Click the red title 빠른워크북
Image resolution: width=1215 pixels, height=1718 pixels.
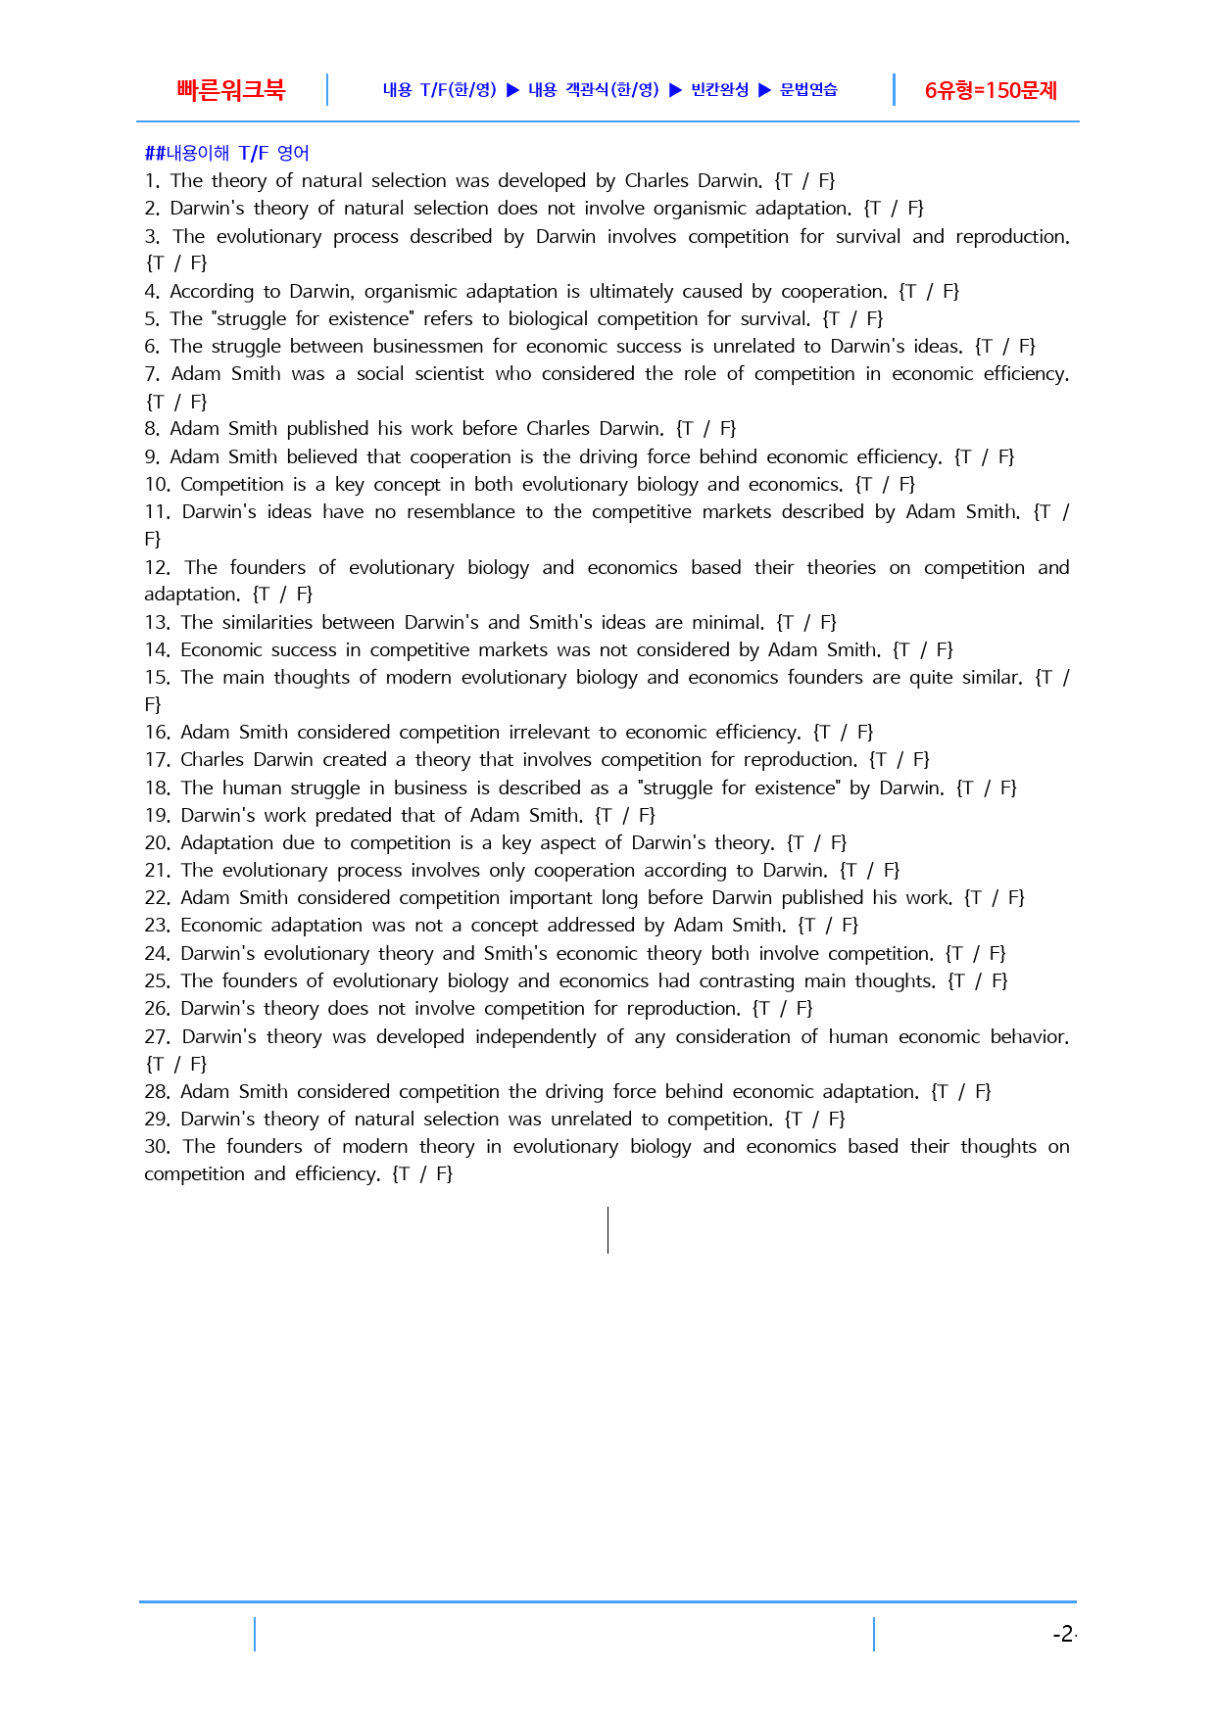[230, 90]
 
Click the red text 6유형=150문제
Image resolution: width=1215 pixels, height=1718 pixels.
[991, 91]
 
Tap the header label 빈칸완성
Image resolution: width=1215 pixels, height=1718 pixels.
[720, 90]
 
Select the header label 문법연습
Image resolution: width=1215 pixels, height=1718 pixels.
[808, 90]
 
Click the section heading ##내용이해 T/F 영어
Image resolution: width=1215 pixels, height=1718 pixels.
[226, 153]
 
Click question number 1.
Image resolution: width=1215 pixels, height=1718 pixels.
[151, 181]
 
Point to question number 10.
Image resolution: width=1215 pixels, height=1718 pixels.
[157, 485]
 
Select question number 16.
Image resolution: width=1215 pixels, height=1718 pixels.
[157, 733]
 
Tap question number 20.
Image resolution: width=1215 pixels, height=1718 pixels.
[157, 843]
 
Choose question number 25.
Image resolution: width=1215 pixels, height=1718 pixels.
[157, 981]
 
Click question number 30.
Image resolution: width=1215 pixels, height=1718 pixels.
[157, 1147]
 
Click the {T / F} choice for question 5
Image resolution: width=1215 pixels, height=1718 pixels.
[852, 319]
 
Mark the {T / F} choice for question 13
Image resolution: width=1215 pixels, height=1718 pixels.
[806, 623]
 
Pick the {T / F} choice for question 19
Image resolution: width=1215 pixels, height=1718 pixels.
[625, 816]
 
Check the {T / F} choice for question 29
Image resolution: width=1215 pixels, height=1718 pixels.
[814, 1120]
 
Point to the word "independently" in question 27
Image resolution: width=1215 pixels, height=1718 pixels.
[535, 1037]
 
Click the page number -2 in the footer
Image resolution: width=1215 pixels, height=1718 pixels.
[1063, 1634]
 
